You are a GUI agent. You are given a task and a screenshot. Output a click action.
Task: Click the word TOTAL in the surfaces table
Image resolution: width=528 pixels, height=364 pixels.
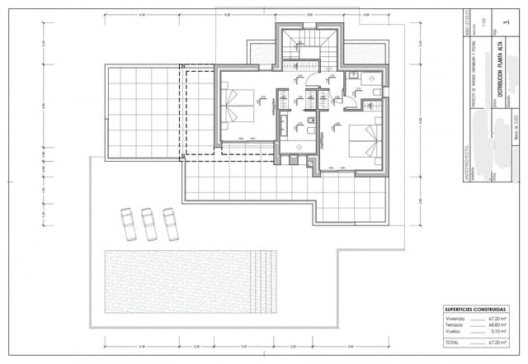pos(452,342)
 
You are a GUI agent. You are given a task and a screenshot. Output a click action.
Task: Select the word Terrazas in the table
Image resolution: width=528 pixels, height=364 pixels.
pos(456,324)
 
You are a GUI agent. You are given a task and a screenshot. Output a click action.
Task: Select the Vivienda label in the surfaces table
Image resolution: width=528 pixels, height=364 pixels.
pos(456,317)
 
